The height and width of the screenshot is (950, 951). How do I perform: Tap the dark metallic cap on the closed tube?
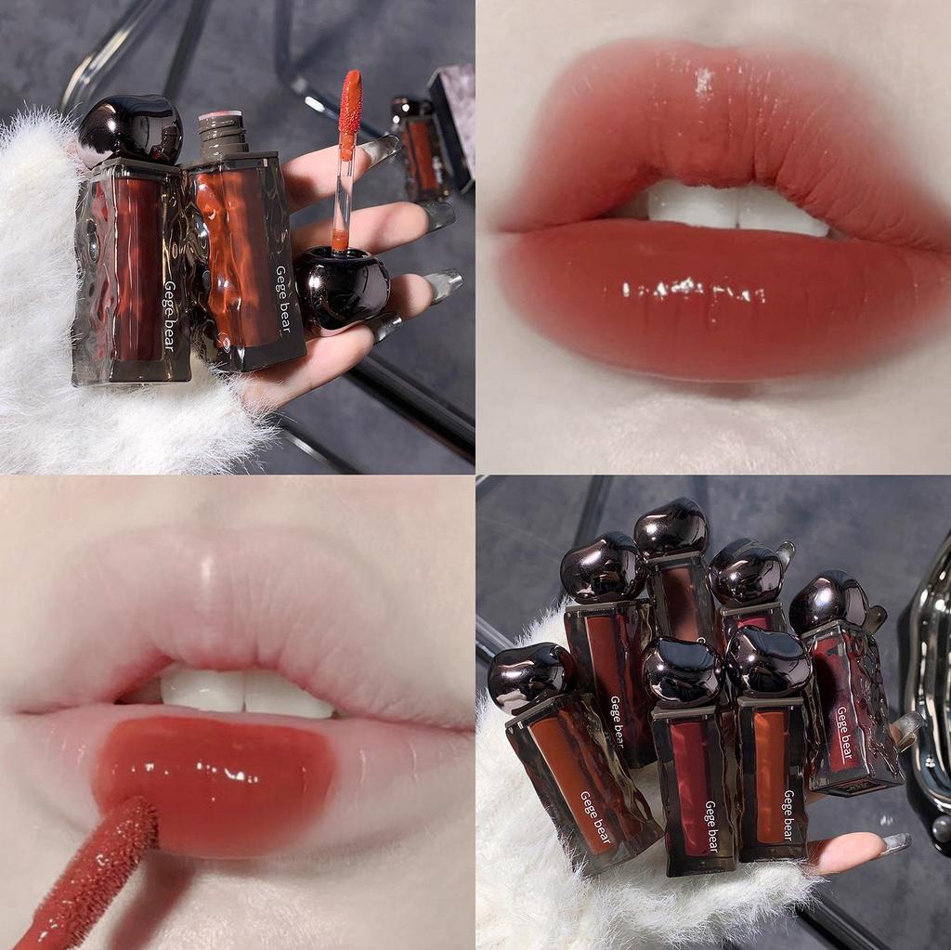[x=129, y=129]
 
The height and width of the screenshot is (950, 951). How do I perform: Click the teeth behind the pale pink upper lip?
[x=245, y=693]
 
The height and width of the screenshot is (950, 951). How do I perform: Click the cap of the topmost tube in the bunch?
[x=671, y=527]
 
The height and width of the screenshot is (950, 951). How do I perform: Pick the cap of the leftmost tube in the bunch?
[x=529, y=675]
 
